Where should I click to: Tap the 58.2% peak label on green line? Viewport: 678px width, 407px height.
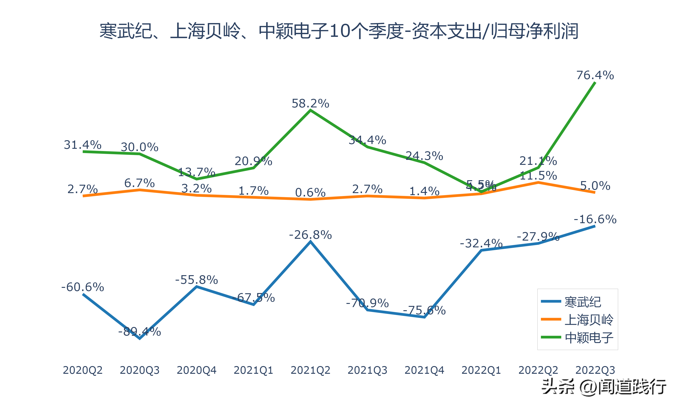pos(310,104)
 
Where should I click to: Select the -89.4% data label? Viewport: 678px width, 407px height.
pos(139,332)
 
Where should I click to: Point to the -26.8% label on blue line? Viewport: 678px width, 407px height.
pos(310,235)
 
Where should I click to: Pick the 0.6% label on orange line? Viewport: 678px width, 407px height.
pos(310,193)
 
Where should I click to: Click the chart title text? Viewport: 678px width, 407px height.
pos(339,31)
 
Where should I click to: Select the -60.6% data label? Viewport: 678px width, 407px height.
pos(82,287)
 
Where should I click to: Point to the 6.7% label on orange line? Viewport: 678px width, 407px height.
pos(139,183)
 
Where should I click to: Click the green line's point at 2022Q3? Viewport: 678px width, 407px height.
pos(595,83)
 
